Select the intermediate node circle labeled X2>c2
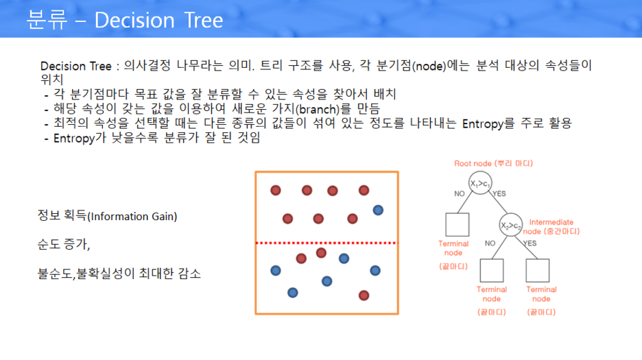pyautogui.click(x=509, y=225)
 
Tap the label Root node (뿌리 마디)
pyautogui.click(x=493, y=163)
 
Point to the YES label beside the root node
pyautogui.click(x=499, y=194)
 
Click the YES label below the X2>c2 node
pyautogui.click(x=530, y=243)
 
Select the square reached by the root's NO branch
pyautogui.click(x=457, y=224)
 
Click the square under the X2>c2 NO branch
pyautogui.click(x=492, y=271)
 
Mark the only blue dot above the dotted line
pyautogui.click(x=378, y=210)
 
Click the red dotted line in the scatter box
pyautogui.click(x=326, y=243)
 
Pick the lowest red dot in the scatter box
pyautogui.click(x=364, y=295)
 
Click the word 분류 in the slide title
pyautogui.click(x=47, y=20)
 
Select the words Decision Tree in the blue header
pyautogui.click(x=158, y=20)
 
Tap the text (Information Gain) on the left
pyautogui.click(x=132, y=217)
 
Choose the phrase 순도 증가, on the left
pyautogui.click(x=64, y=244)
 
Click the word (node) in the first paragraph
pyautogui.click(x=431, y=67)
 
